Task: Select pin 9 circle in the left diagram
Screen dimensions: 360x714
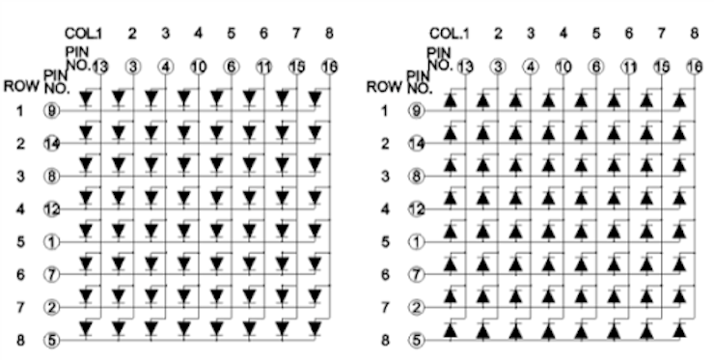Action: pos(53,111)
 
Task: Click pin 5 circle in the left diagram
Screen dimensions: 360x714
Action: pos(53,340)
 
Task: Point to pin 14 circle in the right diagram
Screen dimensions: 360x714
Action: pos(418,144)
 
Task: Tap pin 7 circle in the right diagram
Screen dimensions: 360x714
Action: pos(418,275)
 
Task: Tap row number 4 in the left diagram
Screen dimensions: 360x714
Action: pos(17,208)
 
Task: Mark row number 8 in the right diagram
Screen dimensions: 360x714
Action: pos(383,340)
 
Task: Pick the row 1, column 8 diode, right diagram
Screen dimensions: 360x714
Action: pos(680,98)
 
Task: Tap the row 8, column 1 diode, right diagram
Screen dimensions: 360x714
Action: pos(451,328)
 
